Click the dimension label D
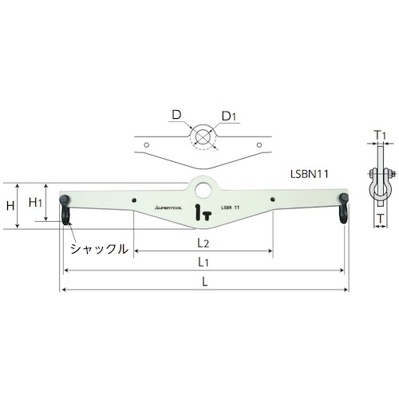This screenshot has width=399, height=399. tap(176, 115)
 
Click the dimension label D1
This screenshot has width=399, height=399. tap(229, 117)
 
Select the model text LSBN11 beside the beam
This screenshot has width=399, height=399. tap(310, 174)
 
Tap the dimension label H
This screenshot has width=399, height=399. tap(10, 206)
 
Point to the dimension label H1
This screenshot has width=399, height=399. tap(35, 203)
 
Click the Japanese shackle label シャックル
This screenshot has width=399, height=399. tap(99, 249)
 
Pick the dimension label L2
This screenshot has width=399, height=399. tap(203, 243)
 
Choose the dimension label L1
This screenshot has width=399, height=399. tap(203, 262)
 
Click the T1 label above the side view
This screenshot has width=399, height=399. tap(381, 136)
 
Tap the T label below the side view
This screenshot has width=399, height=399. tap(381, 219)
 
